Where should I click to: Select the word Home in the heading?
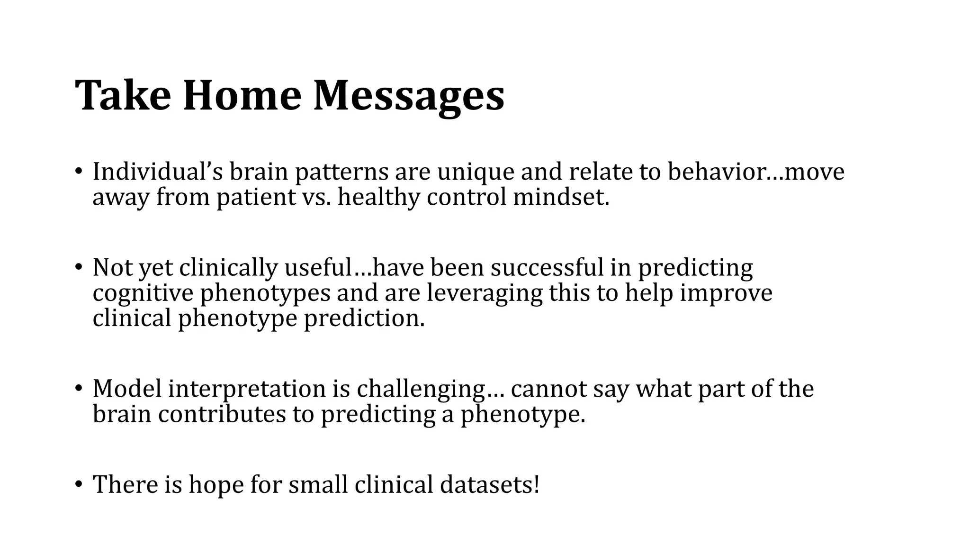coord(242,95)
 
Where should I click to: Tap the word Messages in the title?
coord(409,95)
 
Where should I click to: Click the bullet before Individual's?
coord(78,172)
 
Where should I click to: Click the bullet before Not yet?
coord(78,267)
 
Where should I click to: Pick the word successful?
coord(547,267)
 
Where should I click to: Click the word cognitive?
coord(143,293)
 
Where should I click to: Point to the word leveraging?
coord(484,293)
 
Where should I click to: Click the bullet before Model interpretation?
coord(78,389)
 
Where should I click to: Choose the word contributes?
coord(222,414)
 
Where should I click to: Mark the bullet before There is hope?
coord(78,484)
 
